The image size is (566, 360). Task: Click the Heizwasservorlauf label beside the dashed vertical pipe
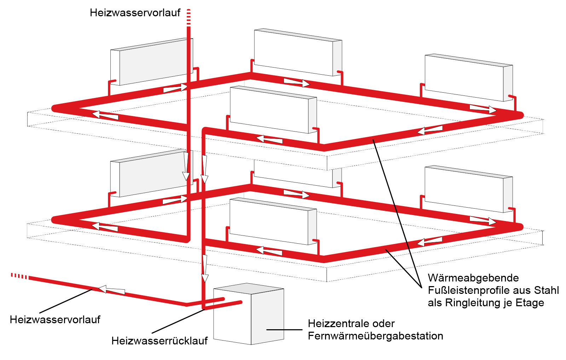[x=135, y=13]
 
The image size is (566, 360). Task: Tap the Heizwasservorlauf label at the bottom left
[x=55, y=320]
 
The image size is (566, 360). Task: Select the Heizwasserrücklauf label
[x=159, y=341]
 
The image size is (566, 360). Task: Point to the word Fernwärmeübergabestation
[x=375, y=336]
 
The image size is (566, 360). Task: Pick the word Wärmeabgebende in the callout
[x=473, y=278]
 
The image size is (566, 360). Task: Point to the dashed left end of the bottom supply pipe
[x=20, y=276]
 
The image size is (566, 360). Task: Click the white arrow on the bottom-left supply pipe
[x=111, y=290]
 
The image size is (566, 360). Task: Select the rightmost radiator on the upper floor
[x=468, y=78]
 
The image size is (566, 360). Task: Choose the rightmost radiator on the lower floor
[x=468, y=189]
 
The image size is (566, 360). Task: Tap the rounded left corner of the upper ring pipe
[x=55, y=108]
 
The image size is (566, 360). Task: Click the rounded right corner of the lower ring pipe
[x=520, y=227]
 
